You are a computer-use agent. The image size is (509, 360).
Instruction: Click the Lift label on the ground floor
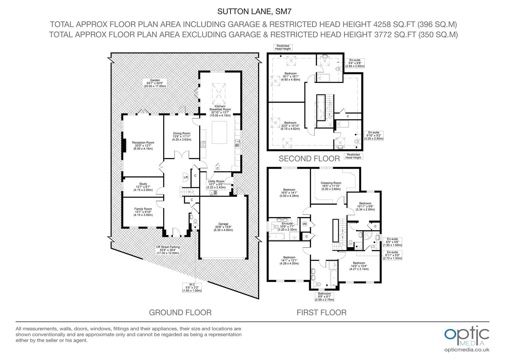coord(186,177)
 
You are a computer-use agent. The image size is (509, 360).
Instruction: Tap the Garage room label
coord(223,227)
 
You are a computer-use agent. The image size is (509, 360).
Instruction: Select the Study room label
coord(143,187)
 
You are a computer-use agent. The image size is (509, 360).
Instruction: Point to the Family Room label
coord(143,212)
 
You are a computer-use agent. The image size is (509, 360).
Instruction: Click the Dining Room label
coord(182,136)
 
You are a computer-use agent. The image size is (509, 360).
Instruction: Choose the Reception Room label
coord(143,146)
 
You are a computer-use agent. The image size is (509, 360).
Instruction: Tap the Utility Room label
coord(216,184)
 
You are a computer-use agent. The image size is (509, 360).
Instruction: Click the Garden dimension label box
coord(155,83)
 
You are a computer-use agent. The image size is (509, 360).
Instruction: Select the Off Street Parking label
coord(168,250)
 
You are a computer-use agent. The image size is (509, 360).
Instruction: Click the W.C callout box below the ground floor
coord(192,287)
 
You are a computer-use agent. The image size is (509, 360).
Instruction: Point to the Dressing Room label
coord(331,186)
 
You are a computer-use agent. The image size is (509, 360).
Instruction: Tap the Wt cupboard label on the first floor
coord(305,224)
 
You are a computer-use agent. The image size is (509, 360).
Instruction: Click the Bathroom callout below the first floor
coord(324,297)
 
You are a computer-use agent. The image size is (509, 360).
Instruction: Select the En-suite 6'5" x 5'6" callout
coord(392,242)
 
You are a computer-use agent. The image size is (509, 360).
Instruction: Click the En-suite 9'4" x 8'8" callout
coord(355,63)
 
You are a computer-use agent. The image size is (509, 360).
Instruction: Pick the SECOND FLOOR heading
coord(309,159)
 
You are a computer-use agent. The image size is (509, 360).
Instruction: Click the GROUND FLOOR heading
coord(180,312)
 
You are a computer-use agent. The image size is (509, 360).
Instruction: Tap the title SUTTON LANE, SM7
coord(254,11)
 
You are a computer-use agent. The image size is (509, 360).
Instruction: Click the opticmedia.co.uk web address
coord(467,350)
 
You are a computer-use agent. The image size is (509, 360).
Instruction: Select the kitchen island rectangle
coord(219,132)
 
